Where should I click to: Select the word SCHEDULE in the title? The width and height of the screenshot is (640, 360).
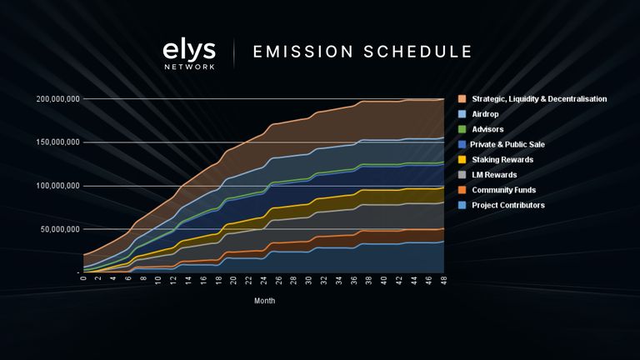pyautogui.click(x=417, y=52)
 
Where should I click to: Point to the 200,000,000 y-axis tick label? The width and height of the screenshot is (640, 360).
pyautogui.click(x=58, y=99)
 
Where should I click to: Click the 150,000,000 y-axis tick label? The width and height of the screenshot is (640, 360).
pyautogui.click(x=58, y=142)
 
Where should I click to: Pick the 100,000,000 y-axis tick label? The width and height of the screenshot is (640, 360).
pyautogui.click(x=58, y=186)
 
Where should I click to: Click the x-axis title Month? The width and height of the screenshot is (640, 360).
pyautogui.click(x=264, y=301)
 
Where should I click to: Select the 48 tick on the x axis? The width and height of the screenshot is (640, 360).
pyautogui.click(x=442, y=282)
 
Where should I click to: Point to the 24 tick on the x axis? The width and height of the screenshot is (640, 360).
pyautogui.click(x=263, y=282)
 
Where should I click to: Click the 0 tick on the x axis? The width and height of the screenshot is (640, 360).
pyautogui.click(x=84, y=280)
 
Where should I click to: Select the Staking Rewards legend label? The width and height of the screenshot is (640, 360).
pyautogui.click(x=502, y=159)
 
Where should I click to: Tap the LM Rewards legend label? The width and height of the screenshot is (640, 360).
pyautogui.click(x=495, y=174)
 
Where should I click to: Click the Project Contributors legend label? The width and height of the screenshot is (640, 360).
pyautogui.click(x=507, y=204)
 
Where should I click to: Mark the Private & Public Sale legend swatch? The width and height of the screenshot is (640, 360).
pyautogui.click(x=461, y=144)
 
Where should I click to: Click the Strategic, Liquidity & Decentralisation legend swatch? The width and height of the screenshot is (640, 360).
pyautogui.click(x=461, y=99)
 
